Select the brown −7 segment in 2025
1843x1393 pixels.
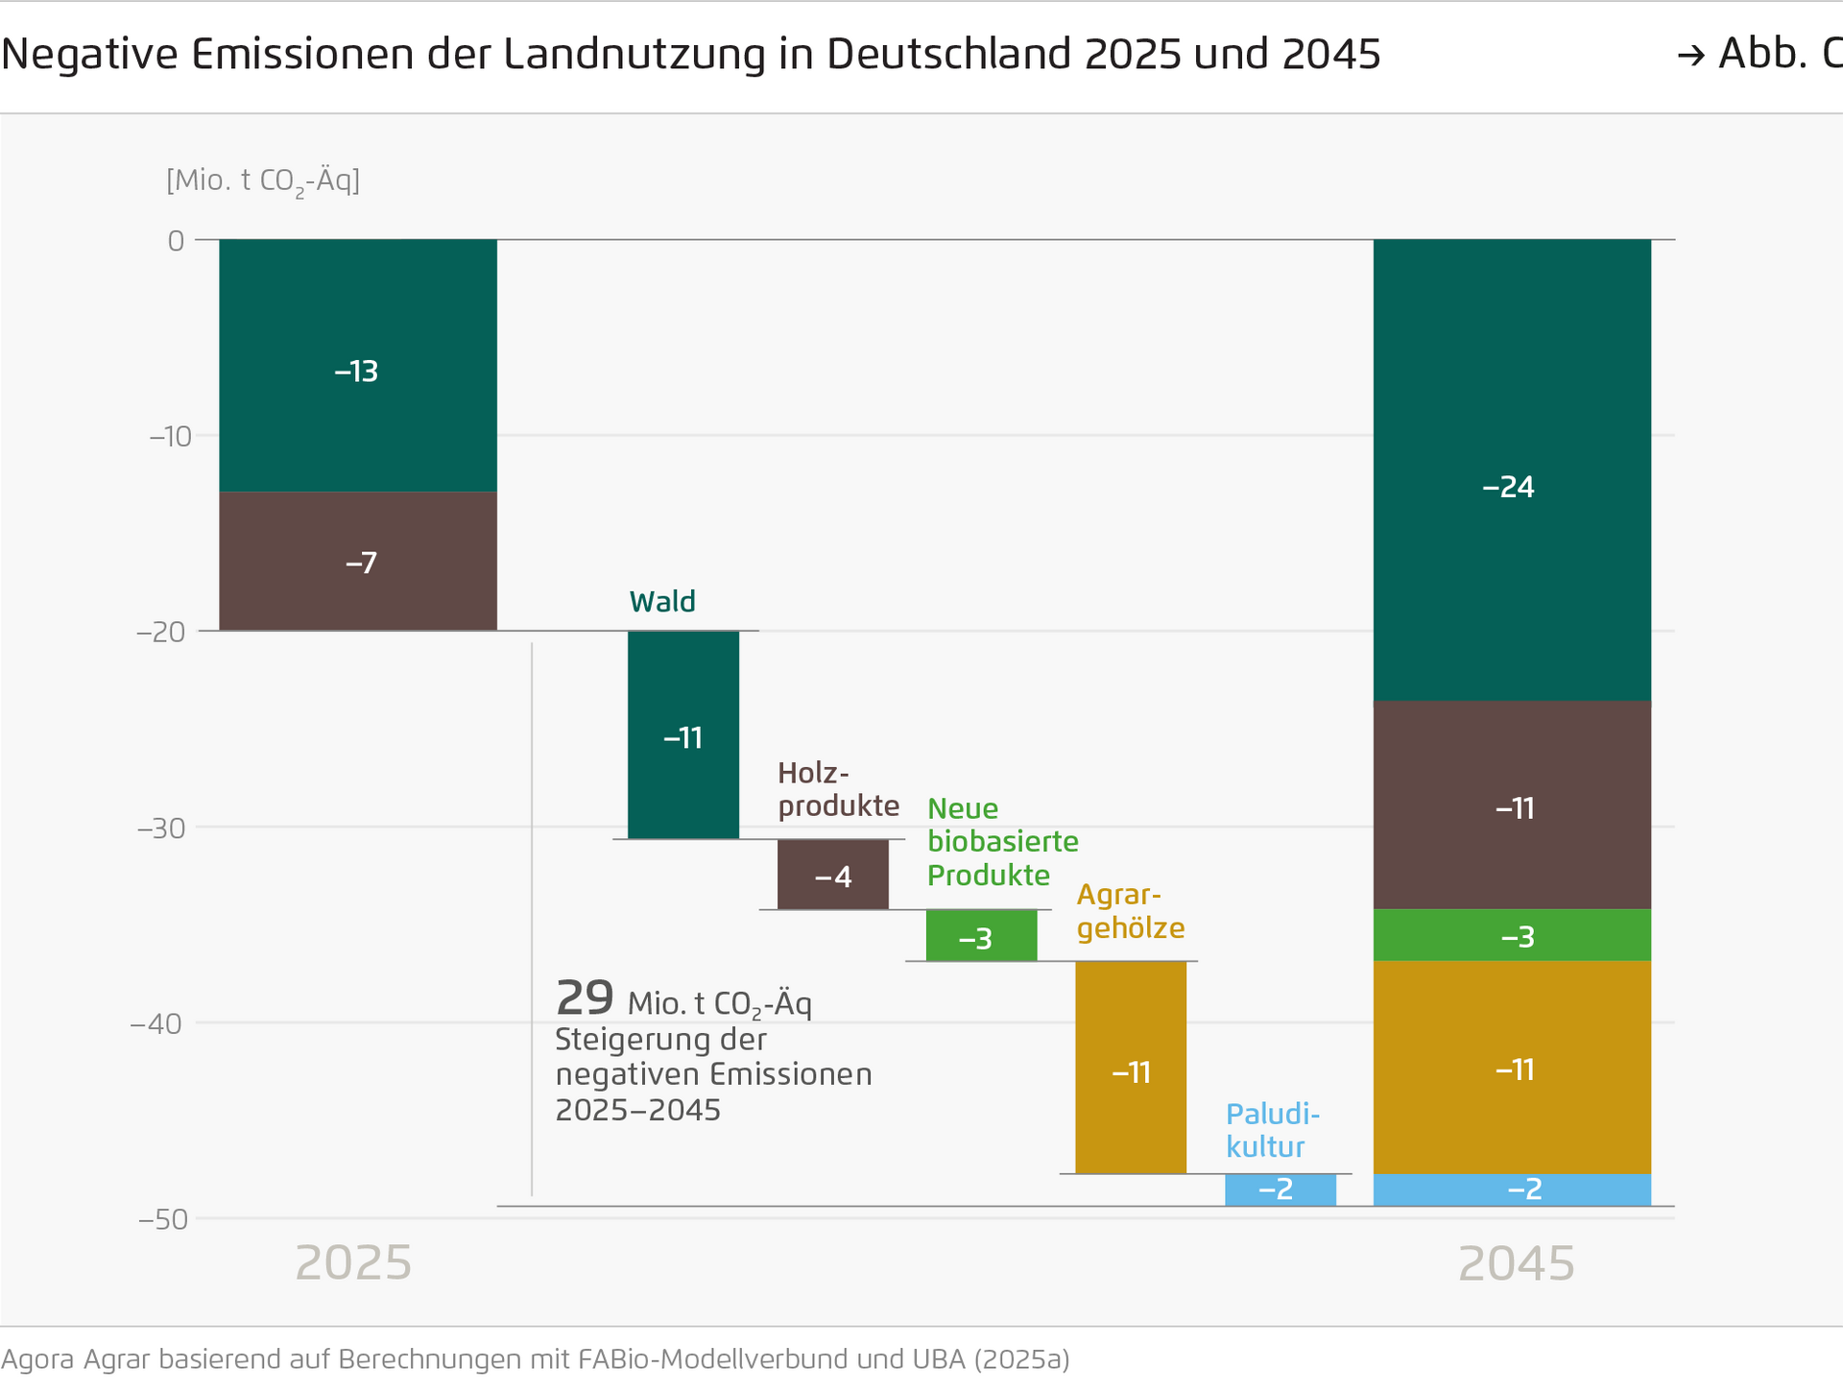pos(357,562)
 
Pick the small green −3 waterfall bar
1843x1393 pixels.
pos(981,935)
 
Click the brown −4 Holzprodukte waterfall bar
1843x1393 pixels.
pos(832,875)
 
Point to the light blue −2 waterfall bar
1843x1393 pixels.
pos(1280,1189)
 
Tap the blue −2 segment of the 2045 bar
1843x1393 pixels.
pos(1512,1189)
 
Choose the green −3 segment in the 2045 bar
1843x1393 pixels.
pos(1512,935)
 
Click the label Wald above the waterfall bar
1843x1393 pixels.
pos(662,602)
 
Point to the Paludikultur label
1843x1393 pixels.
pos(1272,1130)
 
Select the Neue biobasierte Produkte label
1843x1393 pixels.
pos(1001,841)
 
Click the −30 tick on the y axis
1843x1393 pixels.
pos(161,828)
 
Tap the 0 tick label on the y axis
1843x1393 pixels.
pos(176,240)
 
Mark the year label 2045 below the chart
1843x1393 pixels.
pos(1516,1262)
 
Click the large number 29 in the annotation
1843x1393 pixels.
pos(584,998)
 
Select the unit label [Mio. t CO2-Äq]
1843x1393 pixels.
pos(263,180)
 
